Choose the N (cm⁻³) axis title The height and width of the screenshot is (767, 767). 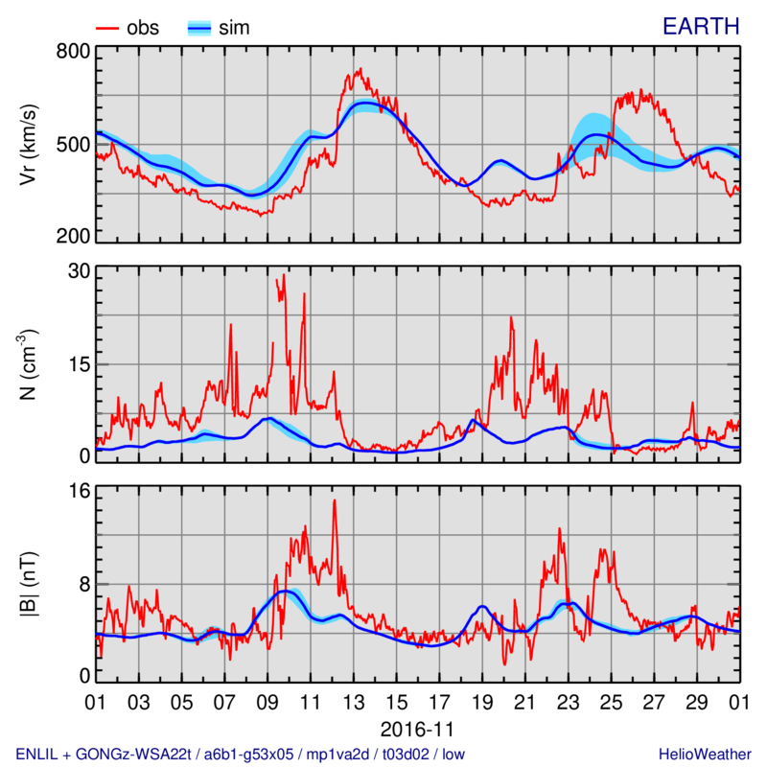coord(30,364)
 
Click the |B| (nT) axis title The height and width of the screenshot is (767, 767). coord(30,585)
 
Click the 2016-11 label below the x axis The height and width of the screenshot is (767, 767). coord(417,727)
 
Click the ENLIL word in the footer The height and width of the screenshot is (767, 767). coord(39,754)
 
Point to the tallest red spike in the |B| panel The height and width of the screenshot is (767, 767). coord(335,500)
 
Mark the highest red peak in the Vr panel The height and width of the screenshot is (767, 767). coord(359,69)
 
